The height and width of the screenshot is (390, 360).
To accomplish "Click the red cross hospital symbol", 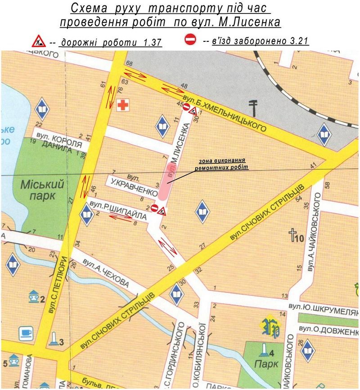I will click(x=121, y=106).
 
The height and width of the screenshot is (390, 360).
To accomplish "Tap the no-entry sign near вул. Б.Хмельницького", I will click(x=186, y=107).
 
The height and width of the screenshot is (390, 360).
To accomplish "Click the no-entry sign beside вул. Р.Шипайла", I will click(x=154, y=208).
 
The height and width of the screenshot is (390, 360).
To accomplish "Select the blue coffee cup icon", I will click(x=26, y=334).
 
